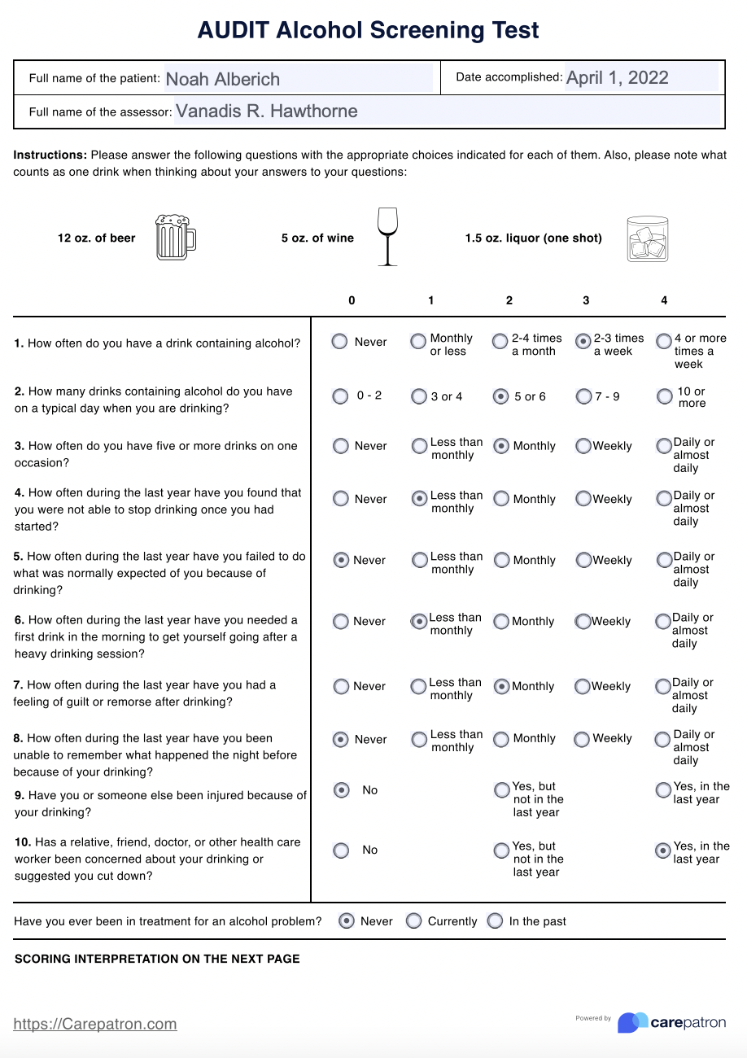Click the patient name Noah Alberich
click(x=222, y=79)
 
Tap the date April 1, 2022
click(x=617, y=77)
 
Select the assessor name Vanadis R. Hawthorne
click(x=266, y=111)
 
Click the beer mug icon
click(x=176, y=238)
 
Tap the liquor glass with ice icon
click(x=648, y=238)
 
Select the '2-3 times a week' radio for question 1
click(x=583, y=342)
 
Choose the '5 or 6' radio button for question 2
click(x=501, y=396)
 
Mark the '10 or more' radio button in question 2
click(x=664, y=396)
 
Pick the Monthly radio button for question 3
click(x=502, y=446)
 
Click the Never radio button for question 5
click(x=341, y=560)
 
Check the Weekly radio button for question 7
click(x=582, y=686)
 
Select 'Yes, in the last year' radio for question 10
click(x=662, y=850)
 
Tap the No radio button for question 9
click(x=343, y=790)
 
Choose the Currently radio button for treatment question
click(x=413, y=921)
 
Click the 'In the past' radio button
click(x=495, y=921)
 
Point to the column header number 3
click(x=586, y=300)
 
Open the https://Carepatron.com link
click(x=95, y=1024)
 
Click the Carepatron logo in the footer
click(x=671, y=1023)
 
